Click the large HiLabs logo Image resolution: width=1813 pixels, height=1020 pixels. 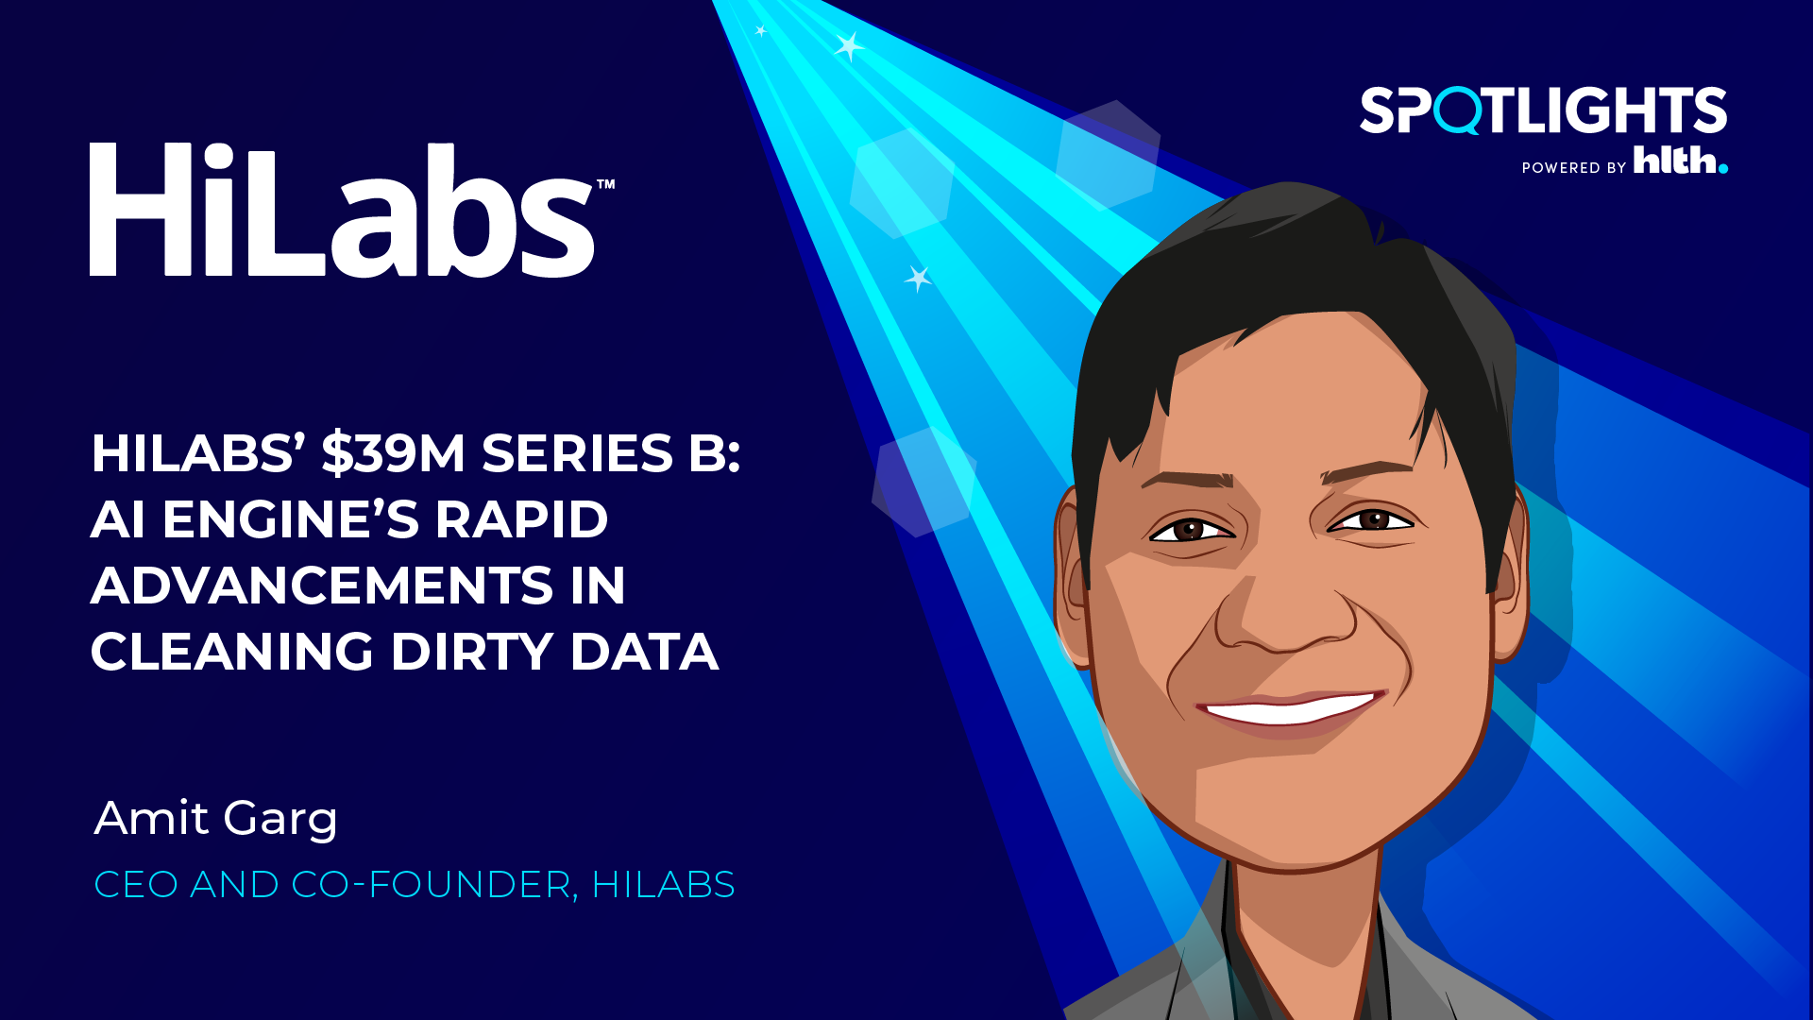(342, 210)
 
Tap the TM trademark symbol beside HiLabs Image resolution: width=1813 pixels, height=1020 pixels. (605, 184)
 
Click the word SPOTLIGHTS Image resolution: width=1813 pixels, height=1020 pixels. (1543, 110)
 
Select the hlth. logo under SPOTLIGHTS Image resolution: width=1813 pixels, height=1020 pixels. (1681, 160)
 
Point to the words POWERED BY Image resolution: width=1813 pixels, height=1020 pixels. (1574, 168)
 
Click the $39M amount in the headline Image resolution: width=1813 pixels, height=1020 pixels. (394, 453)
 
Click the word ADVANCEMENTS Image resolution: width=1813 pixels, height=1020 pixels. (322, 586)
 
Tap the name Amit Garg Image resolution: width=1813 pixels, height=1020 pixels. (216, 818)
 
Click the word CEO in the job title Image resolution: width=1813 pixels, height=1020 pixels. (136, 885)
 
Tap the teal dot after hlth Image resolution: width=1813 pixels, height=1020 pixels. (1723, 169)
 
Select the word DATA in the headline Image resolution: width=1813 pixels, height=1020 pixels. (644, 652)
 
